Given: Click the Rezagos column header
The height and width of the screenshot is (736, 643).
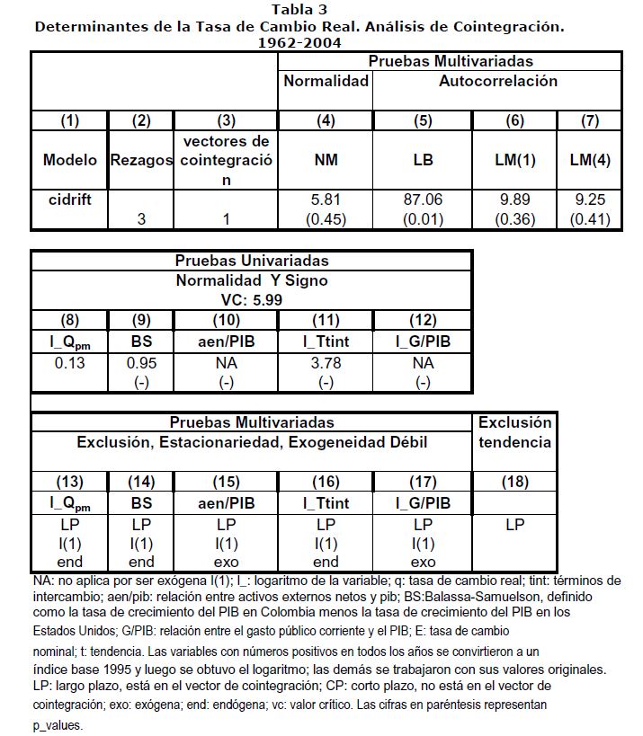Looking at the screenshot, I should coord(140,161).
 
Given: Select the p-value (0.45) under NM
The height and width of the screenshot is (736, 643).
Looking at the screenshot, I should coord(326,218).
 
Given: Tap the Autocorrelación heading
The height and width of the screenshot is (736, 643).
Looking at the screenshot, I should coord(497,81).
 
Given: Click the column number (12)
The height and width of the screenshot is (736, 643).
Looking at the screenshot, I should coord(423,320).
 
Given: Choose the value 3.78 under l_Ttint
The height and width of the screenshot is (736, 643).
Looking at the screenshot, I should coord(326,363).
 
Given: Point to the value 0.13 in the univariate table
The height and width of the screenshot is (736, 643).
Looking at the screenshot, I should coord(69,363).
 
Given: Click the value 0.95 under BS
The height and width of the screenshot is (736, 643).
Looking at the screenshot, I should coord(140,363).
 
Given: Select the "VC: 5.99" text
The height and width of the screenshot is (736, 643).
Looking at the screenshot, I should coord(251,299).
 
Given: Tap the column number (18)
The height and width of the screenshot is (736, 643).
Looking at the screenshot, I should coord(515,482).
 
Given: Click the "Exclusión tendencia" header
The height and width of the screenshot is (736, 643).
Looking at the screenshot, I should coord(515,432).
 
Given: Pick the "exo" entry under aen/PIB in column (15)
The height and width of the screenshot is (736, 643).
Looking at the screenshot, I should coord(225,562).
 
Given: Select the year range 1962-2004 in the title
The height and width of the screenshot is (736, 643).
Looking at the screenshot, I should coord(299,41).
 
